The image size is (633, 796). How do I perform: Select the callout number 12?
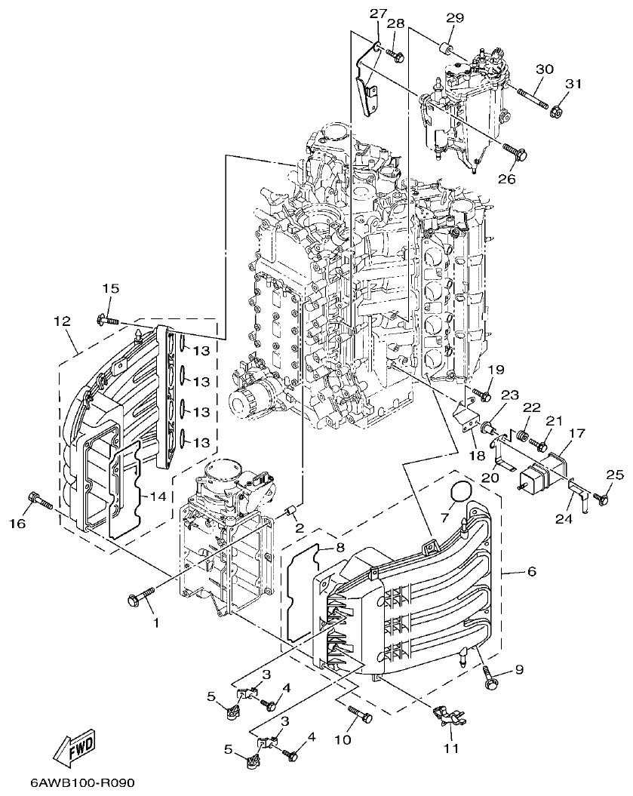63,321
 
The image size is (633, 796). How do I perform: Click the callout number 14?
157,496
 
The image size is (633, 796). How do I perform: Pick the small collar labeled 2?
288,514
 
